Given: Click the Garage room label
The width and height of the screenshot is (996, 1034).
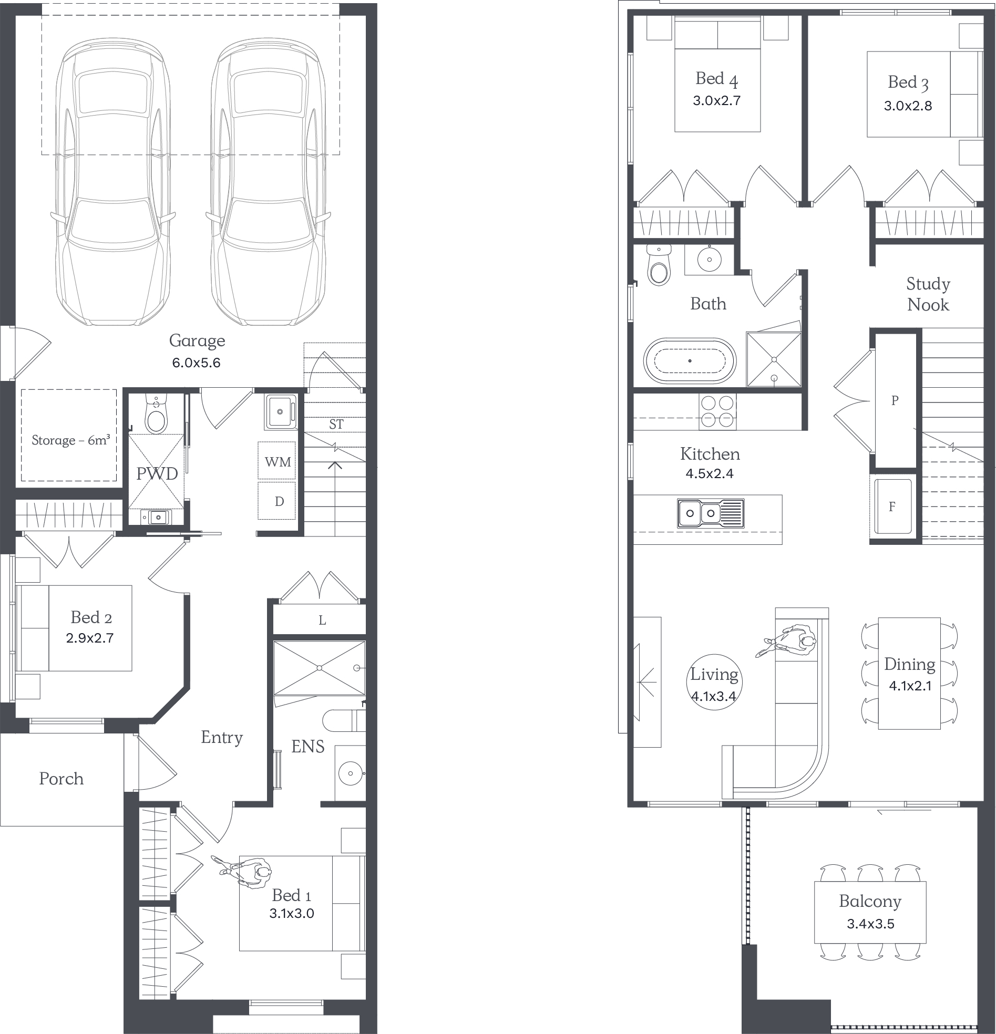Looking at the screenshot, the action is (197, 341).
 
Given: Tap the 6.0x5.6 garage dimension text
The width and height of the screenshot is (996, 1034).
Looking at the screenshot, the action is (197, 363).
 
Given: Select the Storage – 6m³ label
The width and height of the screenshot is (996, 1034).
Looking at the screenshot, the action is (71, 440).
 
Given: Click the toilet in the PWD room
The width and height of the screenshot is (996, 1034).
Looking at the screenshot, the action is (156, 416).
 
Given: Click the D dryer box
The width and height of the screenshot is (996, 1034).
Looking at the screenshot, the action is (277, 501).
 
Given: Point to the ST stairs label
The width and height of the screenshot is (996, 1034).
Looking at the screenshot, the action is (336, 424).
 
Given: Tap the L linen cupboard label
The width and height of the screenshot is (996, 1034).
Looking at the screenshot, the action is (322, 621).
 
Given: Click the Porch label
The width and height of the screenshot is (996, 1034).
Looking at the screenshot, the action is (61, 779).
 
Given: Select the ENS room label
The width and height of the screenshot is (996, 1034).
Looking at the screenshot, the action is (307, 747).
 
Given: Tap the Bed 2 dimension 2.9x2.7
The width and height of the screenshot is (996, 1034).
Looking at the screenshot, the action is (90, 638).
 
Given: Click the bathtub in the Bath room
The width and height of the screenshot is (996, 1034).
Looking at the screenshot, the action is (690, 361).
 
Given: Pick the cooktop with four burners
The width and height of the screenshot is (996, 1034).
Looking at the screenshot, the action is (718, 412).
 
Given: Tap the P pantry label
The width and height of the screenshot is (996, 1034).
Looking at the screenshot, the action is (895, 400).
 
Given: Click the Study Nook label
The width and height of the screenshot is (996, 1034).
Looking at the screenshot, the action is (928, 294).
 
